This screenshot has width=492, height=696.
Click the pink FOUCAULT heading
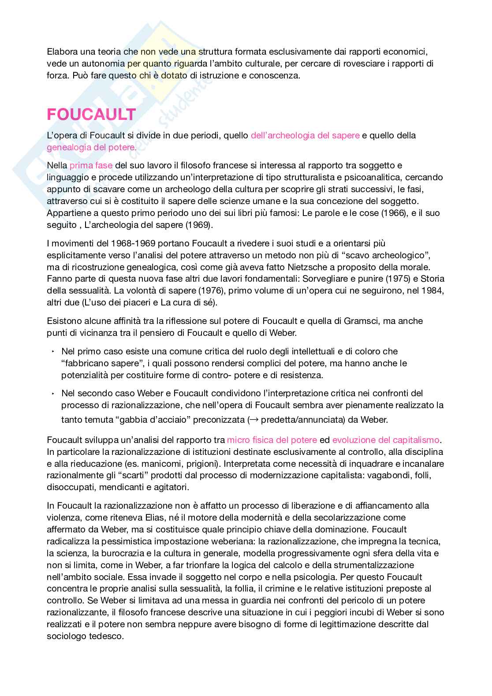[x=91, y=115]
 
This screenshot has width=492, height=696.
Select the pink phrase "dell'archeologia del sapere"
[x=305, y=135]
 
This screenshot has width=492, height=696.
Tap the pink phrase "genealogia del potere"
[x=91, y=147]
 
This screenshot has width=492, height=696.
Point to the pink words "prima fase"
[x=91, y=166]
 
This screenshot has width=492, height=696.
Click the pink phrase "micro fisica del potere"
[x=272, y=440]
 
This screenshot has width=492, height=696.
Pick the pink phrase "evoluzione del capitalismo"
[x=386, y=440]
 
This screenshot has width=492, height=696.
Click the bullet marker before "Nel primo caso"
[x=52, y=352]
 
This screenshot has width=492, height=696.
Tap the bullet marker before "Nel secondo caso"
[x=52, y=393]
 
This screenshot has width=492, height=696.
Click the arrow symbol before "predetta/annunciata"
[x=254, y=420]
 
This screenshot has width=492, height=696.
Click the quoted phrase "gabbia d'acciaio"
[x=156, y=420]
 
